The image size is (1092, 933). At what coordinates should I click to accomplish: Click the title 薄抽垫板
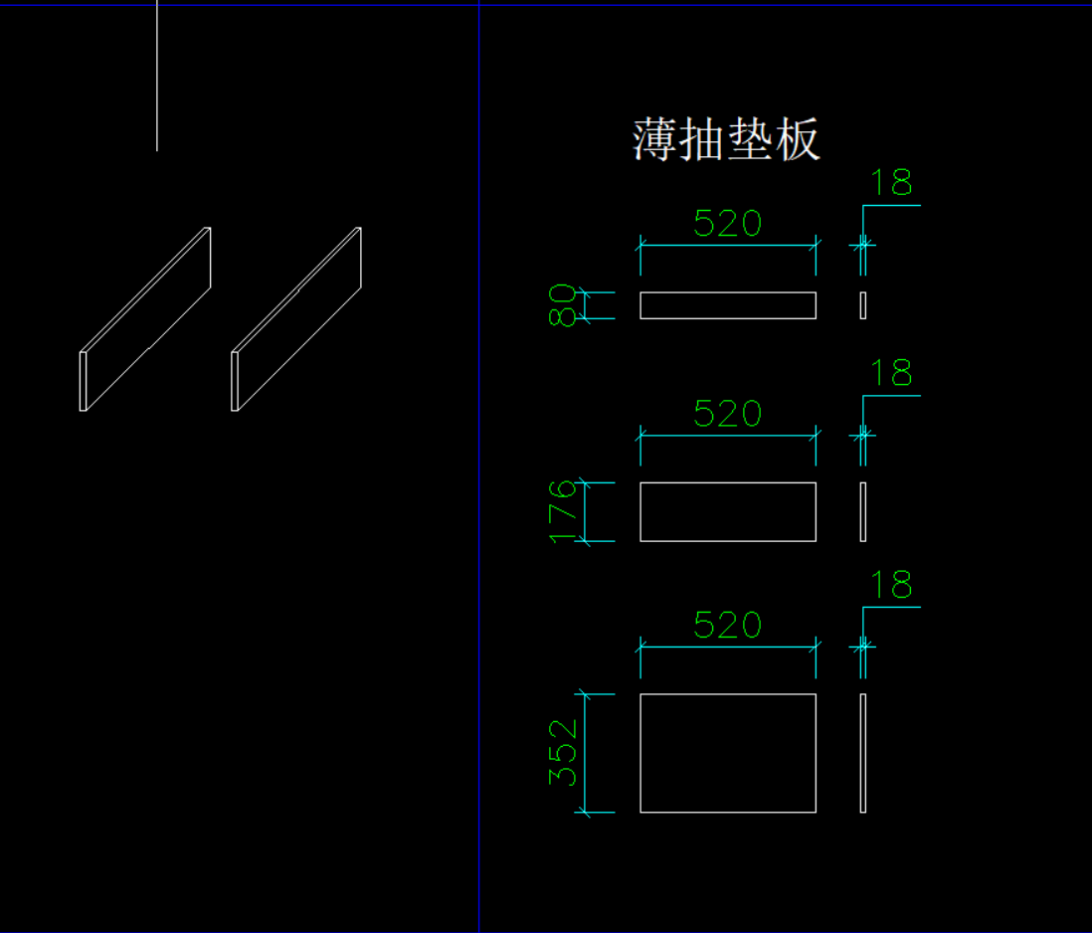(726, 139)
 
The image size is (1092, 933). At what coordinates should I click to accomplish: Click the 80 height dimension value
(562, 305)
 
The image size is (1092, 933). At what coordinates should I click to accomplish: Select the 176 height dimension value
(563, 511)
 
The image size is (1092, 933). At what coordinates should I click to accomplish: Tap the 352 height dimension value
(564, 753)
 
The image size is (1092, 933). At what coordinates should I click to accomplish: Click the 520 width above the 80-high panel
(727, 224)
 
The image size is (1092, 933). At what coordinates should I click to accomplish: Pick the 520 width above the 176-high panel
(727, 414)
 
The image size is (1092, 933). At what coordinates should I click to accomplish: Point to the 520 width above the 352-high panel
(727, 626)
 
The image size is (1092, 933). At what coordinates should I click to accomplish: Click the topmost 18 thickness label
(891, 184)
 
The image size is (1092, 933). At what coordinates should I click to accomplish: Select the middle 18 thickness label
(891, 374)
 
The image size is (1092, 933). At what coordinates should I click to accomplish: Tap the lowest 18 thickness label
(891, 586)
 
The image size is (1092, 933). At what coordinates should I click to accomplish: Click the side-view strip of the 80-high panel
(863, 305)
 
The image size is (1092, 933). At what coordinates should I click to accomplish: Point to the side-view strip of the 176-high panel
(863, 512)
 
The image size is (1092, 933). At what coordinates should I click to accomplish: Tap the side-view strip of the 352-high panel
(863, 753)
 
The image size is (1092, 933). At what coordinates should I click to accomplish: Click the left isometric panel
(145, 319)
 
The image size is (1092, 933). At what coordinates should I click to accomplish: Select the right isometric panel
(296, 319)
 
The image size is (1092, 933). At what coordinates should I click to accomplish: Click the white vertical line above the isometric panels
(157, 75)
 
